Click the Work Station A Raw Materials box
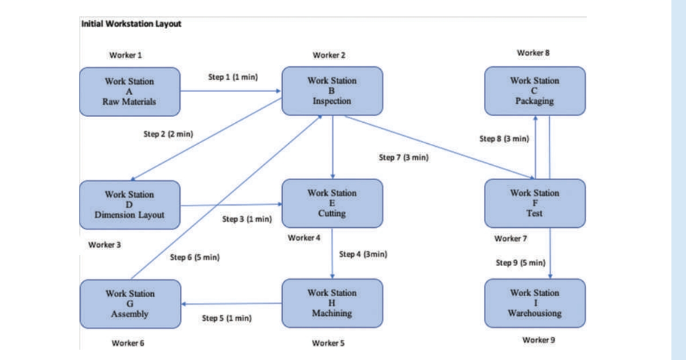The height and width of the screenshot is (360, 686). coord(129,91)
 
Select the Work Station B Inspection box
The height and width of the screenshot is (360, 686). coord(332,91)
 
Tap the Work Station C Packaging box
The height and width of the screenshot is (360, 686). coord(534,91)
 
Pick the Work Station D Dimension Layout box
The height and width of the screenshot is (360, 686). coord(129,204)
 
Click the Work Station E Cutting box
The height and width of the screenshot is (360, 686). coord(332,204)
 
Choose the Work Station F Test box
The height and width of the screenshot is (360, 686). coord(534,203)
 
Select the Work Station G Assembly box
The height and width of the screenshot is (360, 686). coord(129,304)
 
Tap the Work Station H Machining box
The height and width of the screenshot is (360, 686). coord(332,303)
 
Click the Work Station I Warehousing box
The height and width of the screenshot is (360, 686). coord(534,303)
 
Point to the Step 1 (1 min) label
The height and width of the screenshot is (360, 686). coord(232,77)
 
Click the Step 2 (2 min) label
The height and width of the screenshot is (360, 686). coord(168,134)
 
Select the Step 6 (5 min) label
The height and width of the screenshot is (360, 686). coord(194,257)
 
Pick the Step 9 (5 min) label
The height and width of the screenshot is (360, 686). coord(521,263)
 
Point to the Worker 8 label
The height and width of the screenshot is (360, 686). coord(532,53)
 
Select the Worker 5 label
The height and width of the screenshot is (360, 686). coord(328,342)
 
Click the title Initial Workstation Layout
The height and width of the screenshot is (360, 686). coord(131,24)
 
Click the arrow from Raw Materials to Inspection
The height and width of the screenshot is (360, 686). coord(231,91)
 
